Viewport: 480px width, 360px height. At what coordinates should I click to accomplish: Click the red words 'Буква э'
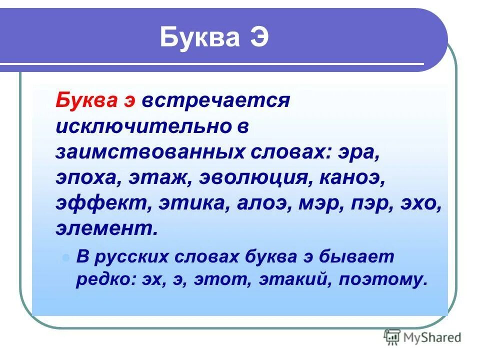95,100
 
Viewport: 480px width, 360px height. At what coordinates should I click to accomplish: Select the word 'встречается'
216,100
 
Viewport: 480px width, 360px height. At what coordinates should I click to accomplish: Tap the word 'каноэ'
357,178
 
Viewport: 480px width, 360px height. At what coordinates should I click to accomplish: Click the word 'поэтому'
382,279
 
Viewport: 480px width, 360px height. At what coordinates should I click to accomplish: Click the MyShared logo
422,337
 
